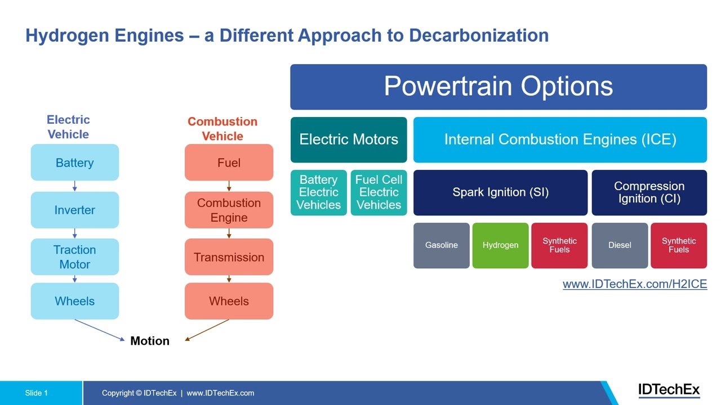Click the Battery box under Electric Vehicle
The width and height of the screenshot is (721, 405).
click(x=74, y=163)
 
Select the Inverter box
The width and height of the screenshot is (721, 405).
click(x=74, y=210)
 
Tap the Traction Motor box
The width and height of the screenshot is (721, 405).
click(x=74, y=256)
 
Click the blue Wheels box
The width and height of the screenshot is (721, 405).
click(x=74, y=301)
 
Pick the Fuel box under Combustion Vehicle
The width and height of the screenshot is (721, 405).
click(x=229, y=163)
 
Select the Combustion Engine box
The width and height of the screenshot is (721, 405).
click(x=229, y=210)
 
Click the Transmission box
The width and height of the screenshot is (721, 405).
click(x=229, y=257)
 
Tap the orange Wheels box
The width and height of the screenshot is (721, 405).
click(x=229, y=301)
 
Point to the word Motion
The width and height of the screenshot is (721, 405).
click(x=150, y=341)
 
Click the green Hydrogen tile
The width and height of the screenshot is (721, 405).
click(x=500, y=245)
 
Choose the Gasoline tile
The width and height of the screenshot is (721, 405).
click(x=441, y=245)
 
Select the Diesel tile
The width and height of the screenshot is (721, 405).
click(x=620, y=245)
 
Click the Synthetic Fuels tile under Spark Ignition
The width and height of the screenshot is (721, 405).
click(x=559, y=245)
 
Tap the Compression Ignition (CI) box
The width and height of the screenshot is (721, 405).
click(x=649, y=192)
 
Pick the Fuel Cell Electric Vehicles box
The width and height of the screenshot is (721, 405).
click(x=379, y=192)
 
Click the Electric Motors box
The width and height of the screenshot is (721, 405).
click(x=349, y=139)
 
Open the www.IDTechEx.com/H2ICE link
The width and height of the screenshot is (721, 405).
click(x=634, y=284)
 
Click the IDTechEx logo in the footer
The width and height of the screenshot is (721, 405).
click(x=669, y=390)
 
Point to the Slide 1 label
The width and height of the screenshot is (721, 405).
click(x=37, y=393)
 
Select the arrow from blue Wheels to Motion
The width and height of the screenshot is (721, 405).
click(x=100, y=330)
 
